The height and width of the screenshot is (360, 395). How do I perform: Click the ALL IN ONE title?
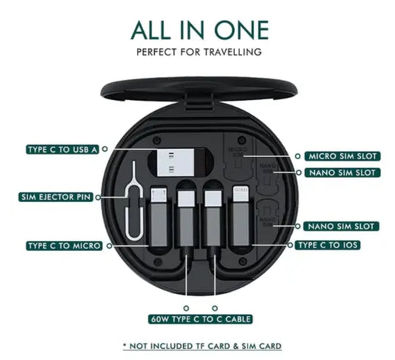point(200,30)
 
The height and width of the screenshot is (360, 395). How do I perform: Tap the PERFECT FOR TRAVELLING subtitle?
point(199,52)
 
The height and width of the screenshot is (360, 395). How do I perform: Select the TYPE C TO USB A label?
point(62,150)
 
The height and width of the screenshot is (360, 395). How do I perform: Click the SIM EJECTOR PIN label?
point(56,197)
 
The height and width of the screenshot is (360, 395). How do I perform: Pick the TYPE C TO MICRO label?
point(64,245)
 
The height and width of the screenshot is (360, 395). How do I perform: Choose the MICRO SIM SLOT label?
point(342,156)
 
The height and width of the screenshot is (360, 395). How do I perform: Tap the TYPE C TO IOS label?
point(328,244)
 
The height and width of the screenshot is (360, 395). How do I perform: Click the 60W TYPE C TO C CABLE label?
point(200,319)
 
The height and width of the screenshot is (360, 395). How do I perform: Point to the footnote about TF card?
point(202,346)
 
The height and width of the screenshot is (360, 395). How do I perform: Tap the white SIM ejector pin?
point(133,201)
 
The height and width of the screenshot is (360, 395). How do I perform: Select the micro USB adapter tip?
point(159,195)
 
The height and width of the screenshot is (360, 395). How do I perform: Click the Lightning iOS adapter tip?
point(241,193)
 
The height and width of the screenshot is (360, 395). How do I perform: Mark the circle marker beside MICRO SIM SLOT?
point(298,156)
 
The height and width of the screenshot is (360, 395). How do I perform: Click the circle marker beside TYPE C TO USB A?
point(104,149)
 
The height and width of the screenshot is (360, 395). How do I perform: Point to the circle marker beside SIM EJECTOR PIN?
point(98,197)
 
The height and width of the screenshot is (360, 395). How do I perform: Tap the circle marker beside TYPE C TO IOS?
point(291,244)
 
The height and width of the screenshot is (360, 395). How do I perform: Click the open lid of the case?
point(199,90)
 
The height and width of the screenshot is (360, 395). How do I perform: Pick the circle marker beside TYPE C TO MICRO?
point(109,246)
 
